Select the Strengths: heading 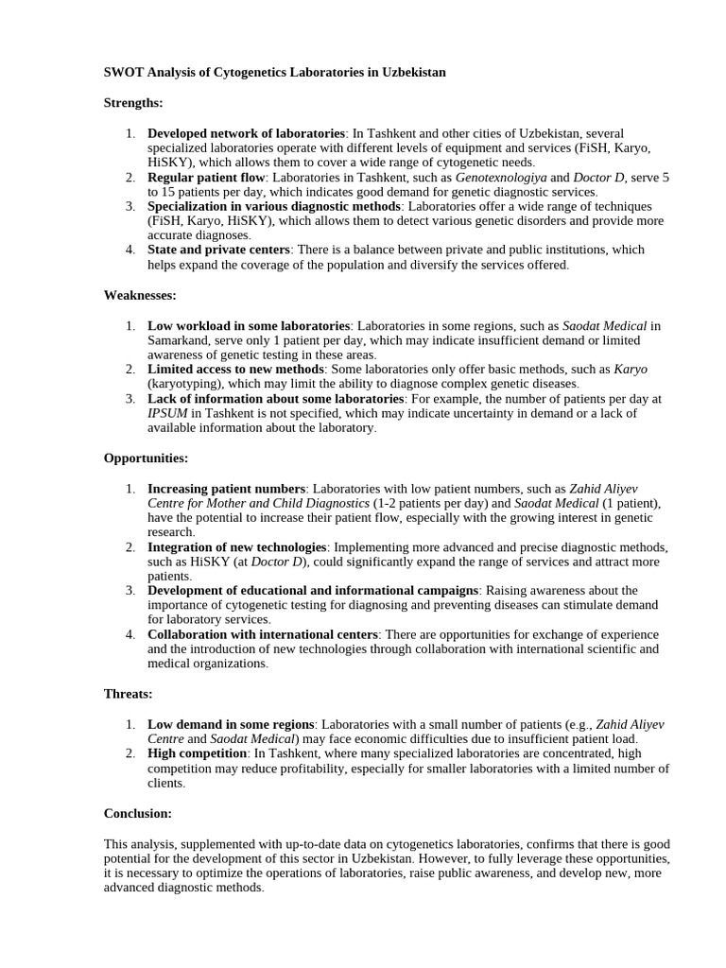[x=133, y=102]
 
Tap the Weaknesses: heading [x=140, y=295]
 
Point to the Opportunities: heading [x=146, y=458]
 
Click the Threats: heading [x=128, y=694]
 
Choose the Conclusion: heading [x=138, y=812]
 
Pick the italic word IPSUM [x=167, y=413]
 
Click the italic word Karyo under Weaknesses [x=631, y=369]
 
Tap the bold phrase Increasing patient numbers [x=226, y=489]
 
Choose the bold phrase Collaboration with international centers [x=263, y=634]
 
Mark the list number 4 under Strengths [x=130, y=250]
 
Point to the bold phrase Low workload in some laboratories [x=249, y=325]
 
